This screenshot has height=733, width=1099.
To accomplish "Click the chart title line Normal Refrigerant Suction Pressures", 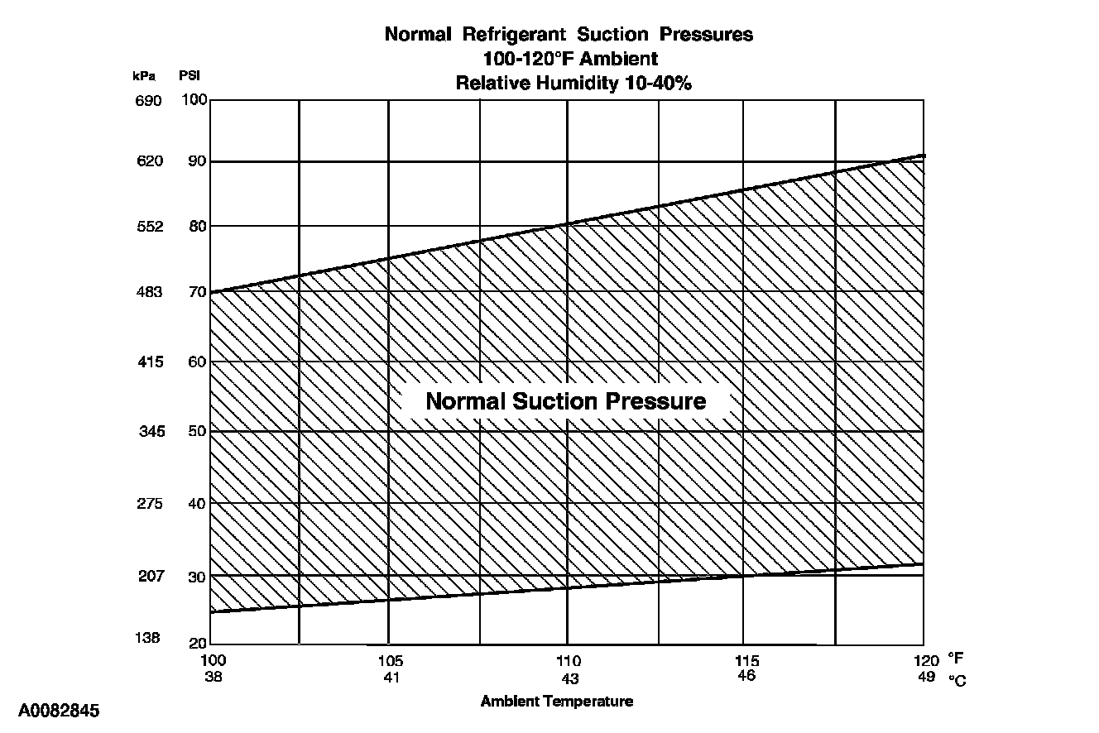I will point(569,35).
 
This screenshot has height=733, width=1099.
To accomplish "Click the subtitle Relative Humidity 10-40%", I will point(573,83).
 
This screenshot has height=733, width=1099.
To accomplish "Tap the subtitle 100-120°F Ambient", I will point(570,59).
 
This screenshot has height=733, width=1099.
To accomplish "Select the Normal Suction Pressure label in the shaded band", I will point(566,401).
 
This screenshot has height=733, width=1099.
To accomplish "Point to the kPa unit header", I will point(144,75).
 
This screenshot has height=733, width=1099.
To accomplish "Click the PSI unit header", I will point(190,75).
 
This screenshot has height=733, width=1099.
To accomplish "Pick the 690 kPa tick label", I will point(149,101).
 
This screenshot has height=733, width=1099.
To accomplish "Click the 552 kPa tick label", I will point(149,227).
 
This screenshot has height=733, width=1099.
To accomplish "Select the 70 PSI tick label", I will point(197,292).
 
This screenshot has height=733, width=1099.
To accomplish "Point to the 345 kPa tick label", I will point(151,432).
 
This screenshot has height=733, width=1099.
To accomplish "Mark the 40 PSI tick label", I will point(197,503).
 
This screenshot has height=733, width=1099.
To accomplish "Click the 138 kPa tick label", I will point(149,638).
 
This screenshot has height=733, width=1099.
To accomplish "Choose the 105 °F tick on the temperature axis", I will point(391,661).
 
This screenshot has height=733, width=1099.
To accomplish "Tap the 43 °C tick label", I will point(569,677).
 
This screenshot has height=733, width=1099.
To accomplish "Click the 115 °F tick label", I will point(746,661).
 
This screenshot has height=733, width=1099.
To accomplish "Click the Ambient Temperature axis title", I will point(557,702).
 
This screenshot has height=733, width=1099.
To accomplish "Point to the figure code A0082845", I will point(59,711).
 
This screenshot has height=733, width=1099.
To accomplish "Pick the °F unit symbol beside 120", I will point(955,660).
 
